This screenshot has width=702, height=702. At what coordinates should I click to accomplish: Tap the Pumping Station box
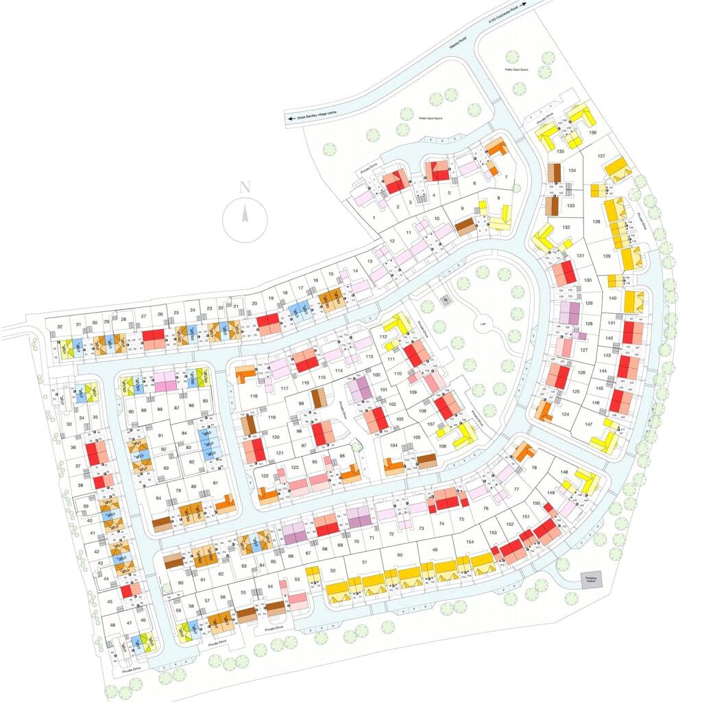(x=590, y=579)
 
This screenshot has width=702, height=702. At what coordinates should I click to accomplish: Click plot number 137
(x=601, y=156)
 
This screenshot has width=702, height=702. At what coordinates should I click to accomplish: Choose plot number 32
(x=60, y=326)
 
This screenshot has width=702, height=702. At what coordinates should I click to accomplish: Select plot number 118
(x=253, y=396)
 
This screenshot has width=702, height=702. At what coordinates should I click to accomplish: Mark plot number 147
(x=588, y=425)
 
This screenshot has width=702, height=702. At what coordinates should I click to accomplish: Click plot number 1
(x=374, y=217)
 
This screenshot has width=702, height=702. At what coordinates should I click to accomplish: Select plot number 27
(x=143, y=316)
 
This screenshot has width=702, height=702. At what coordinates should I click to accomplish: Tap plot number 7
(x=506, y=178)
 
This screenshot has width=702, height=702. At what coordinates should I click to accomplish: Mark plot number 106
(x=443, y=447)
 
